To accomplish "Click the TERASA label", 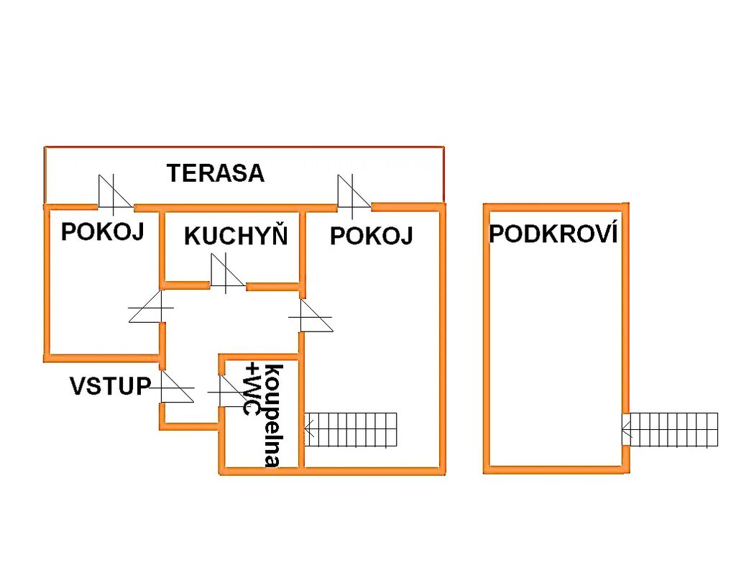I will pyautogui.click(x=216, y=173).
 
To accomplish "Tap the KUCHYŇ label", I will pyautogui.click(x=236, y=237).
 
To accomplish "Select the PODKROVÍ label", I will pyautogui.click(x=553, y=234).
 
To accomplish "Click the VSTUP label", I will pyautogui.click(x=110, y=386).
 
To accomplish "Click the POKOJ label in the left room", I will pyautogui.click(x=103, y=232).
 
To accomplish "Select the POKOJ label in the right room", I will pyautogui.click(x=372, y=236).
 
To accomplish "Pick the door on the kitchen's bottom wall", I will pyautogui.click(x=228, y=275).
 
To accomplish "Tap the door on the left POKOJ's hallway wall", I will pyautogui.click(x=152, y=309).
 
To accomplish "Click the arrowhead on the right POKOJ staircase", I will pyautogui.click(x=308, y=430).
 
